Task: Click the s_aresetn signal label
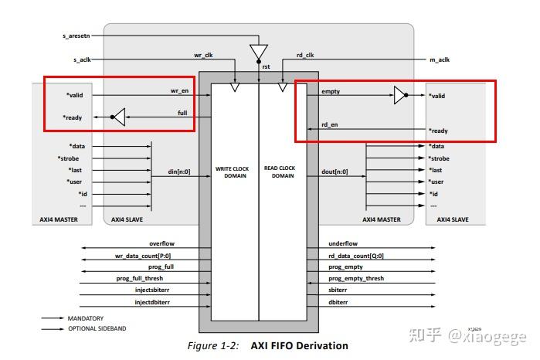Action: (76, 36)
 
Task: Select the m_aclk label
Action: (439, 59)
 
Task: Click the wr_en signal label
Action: (179, 91)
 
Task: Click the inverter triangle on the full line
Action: (117, 117)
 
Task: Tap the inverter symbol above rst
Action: (258, 52)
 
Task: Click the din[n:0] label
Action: (179, 172)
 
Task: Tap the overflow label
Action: (161, 243)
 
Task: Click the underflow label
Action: (343, 243)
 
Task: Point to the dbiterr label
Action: (339, 301)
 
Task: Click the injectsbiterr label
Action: (155, 290)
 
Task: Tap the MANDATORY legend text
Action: (85, 318)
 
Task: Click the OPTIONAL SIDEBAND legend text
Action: (96, 328)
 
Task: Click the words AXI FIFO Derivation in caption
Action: (300, 346)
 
